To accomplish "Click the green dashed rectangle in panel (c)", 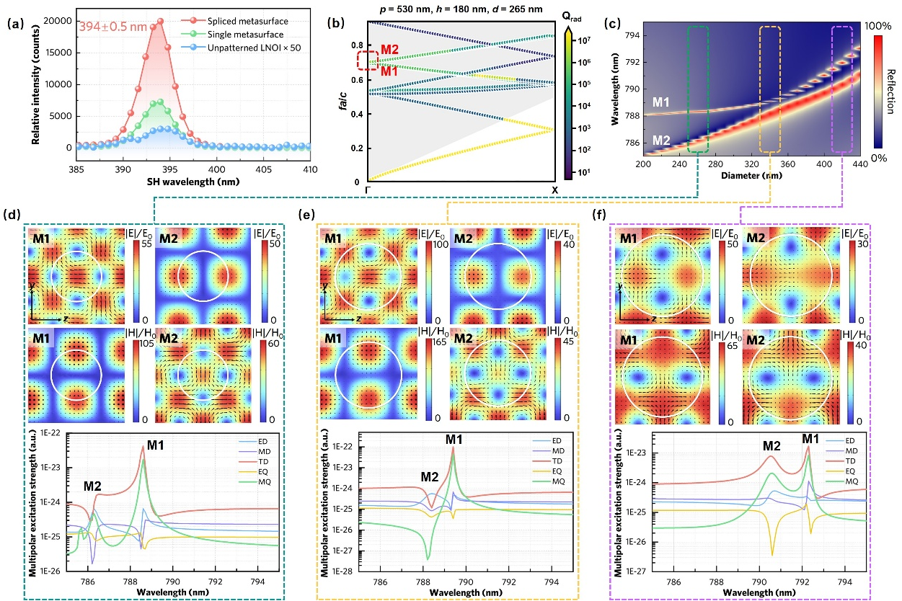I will click(699, 89).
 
